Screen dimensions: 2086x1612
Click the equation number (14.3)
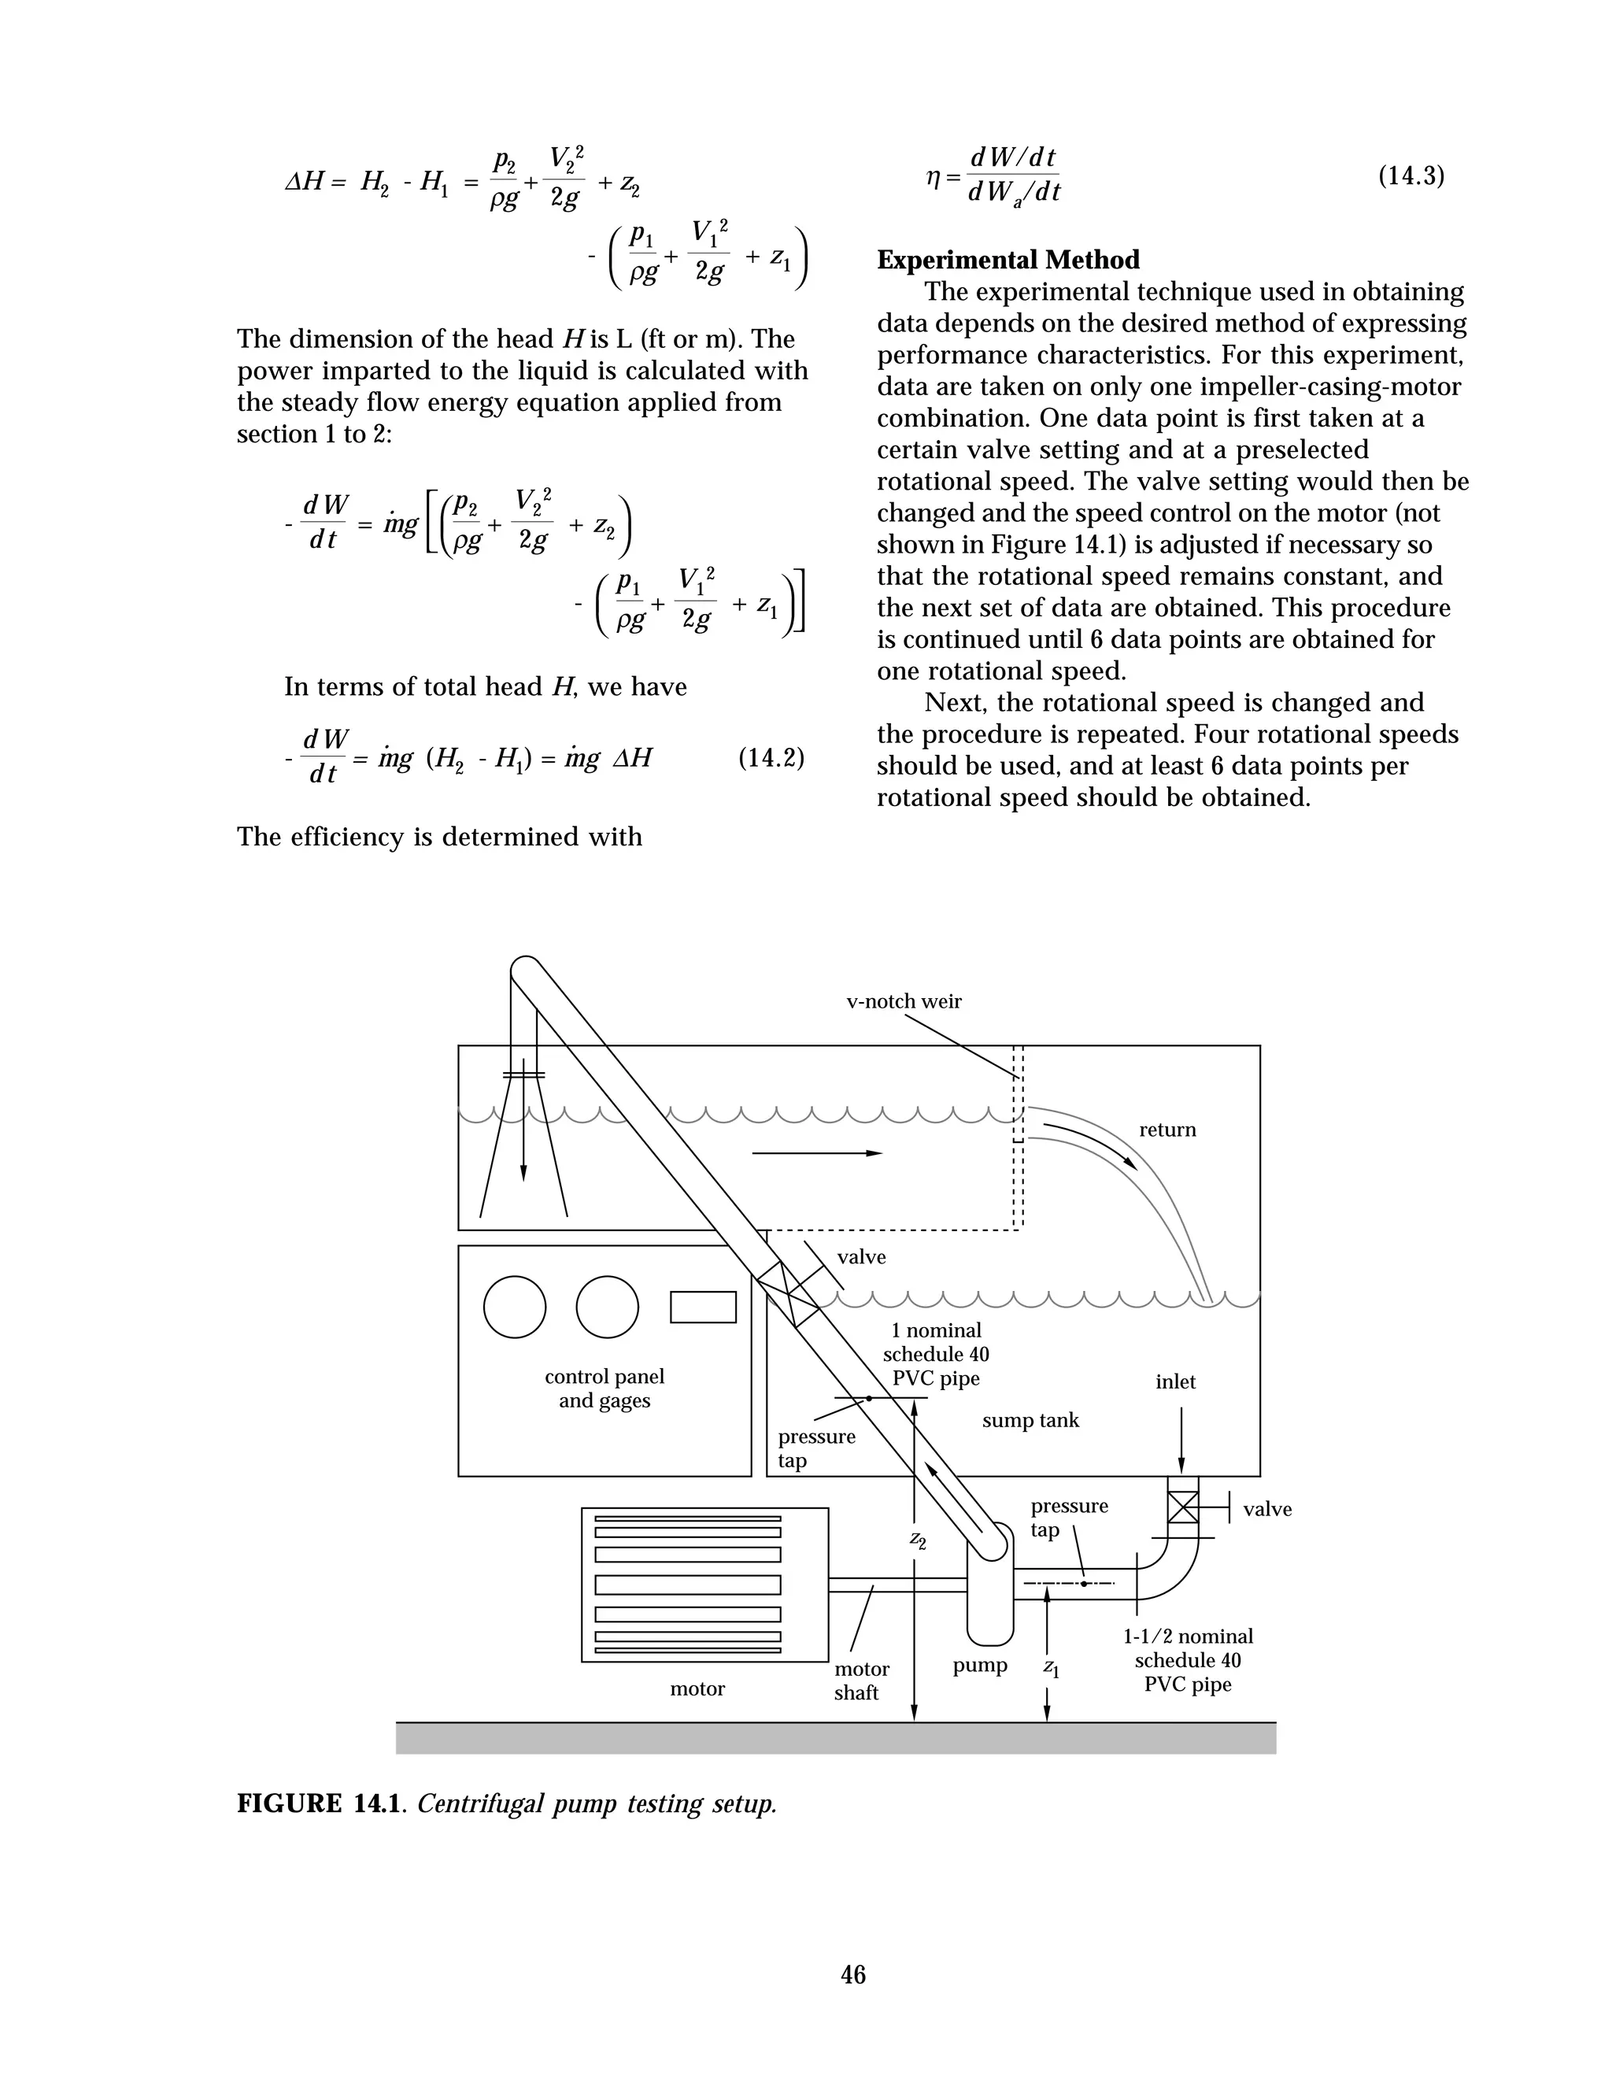pyautogui.click(x=1410, y=176)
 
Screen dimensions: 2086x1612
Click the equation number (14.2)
pyautogui.click(x=771, y=758)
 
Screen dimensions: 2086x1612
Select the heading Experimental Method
pyautogui.click(x=1007, y=260)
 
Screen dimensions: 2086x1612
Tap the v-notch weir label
pyautogui.click(x=904, y=1001)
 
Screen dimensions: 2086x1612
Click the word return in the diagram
pyautogui.click(x=1167, y=1130)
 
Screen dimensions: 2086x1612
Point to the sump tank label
pyautogui.click(x=1030, y=1420)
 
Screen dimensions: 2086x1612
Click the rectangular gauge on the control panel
pyautogui.click(x=703, y=1307)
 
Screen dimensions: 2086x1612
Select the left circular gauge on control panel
pyautogui.click(x=515, y=1307)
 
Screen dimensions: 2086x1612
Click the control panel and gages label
pyautogui.click(x=604, y=1389)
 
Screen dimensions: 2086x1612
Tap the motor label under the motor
pyautogui.click(x=697, y=1688)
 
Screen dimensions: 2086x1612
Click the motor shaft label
pyautogui.click(x=860, y=1681)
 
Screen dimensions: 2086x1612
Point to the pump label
pyautogui.click(x=980, y=1666)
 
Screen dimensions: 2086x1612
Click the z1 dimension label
pyautogui.click(x=1051, y=1668)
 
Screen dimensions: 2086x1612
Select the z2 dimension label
pyautogui.click(x=917, y=1539)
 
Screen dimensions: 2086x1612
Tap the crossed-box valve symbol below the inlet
pyautogui.click(x=1182, y=1507)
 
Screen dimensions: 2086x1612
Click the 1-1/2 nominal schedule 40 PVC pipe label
pyautogui.click(x=1187, y=1660)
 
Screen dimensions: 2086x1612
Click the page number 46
pyautogui.click(x=852, y=1974)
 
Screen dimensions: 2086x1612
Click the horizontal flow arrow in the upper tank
pyautogui.click(x=816, y=1153)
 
